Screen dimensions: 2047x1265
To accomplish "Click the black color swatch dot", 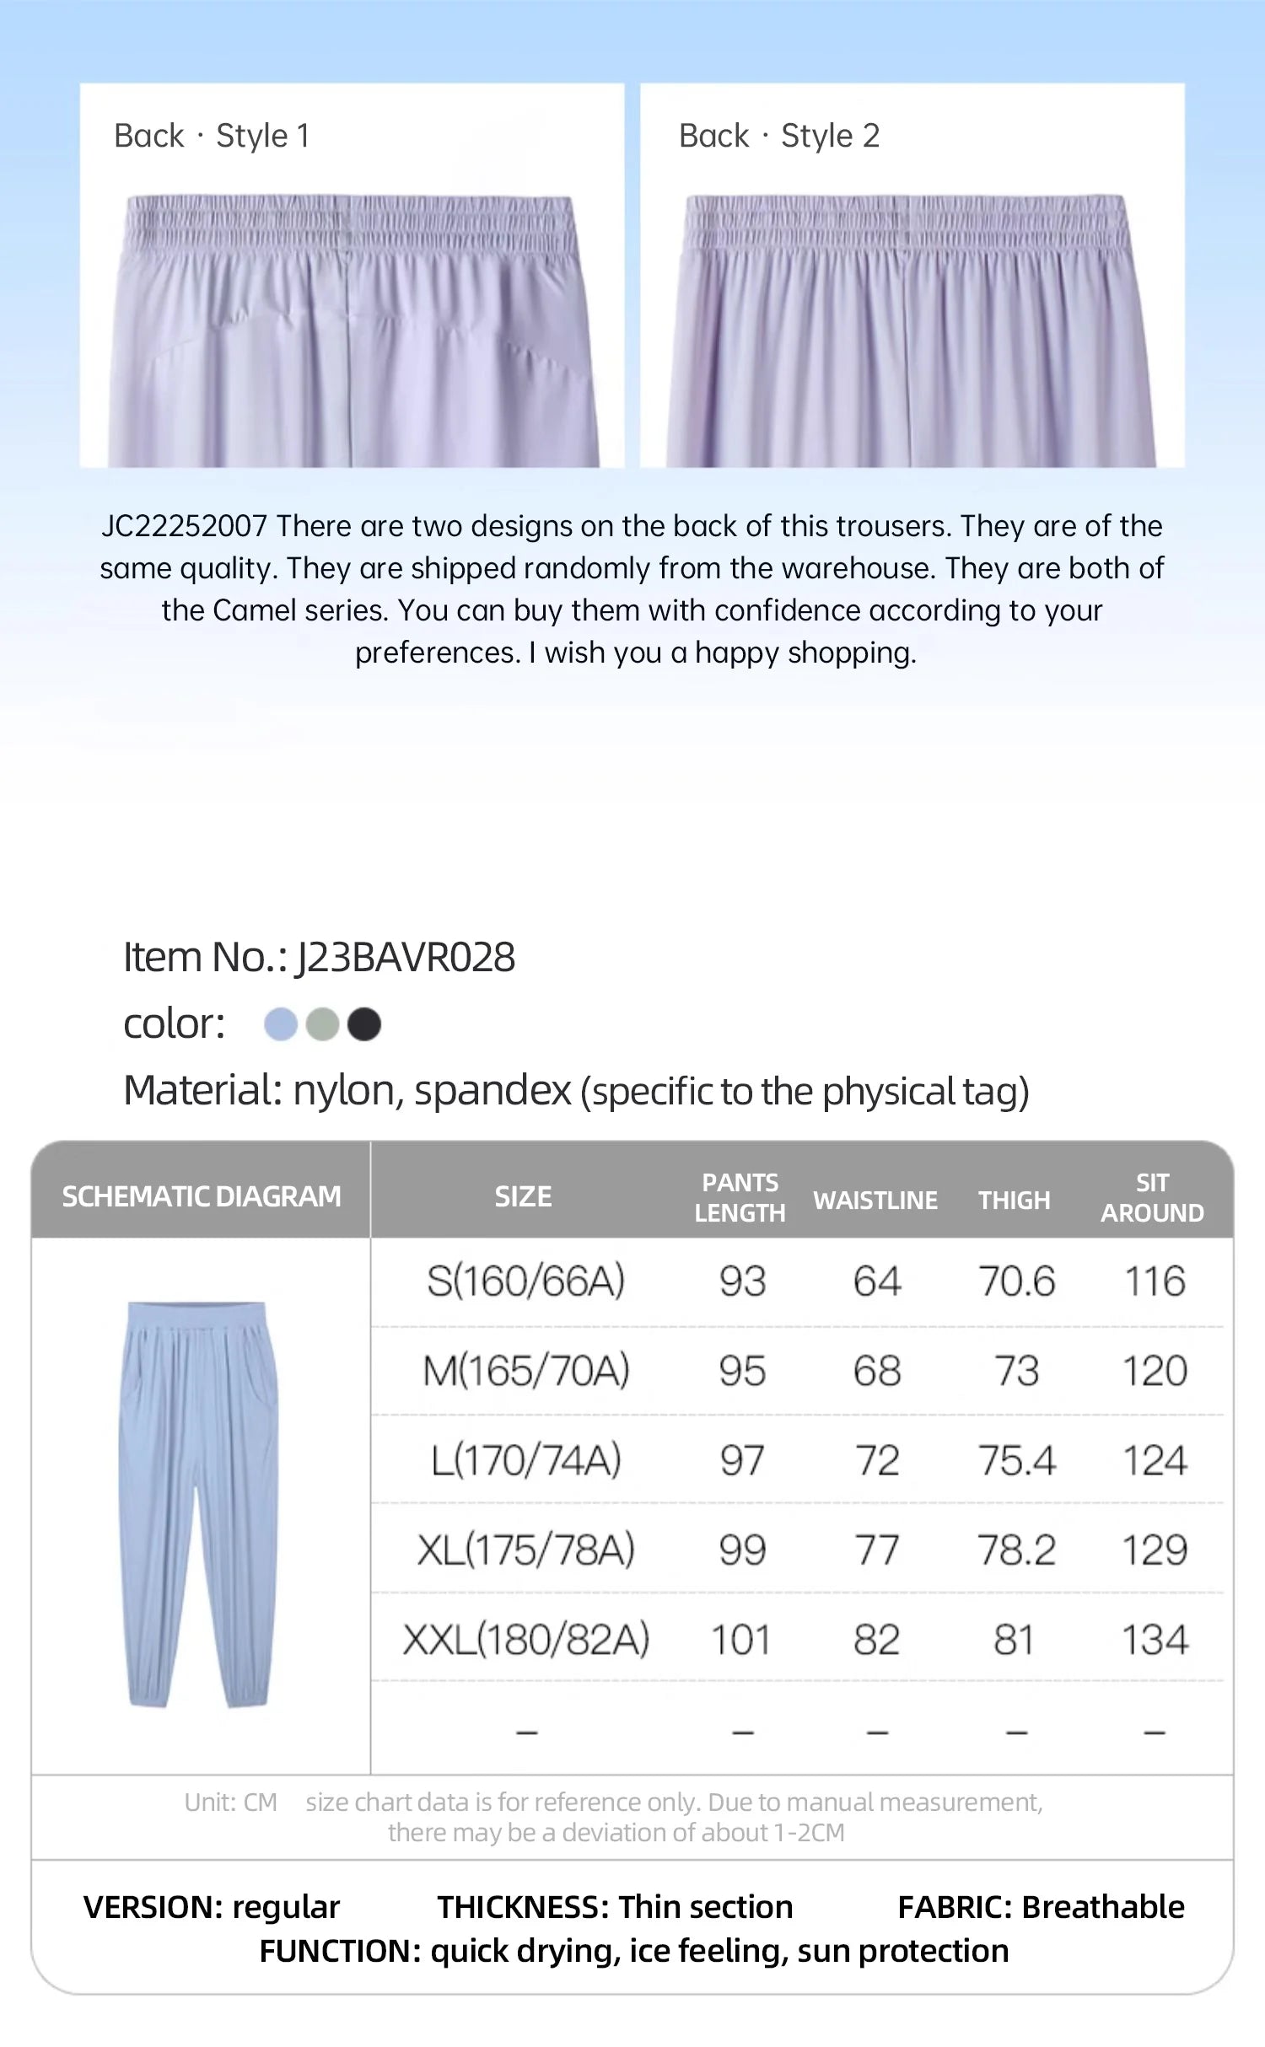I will (364, 1024).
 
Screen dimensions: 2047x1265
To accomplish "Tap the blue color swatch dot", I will (281, 1024).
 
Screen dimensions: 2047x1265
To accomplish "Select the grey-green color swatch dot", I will (322, 1024).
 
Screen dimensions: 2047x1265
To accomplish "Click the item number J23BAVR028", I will (405, 958).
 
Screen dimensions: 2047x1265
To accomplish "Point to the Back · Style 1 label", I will (212, 136).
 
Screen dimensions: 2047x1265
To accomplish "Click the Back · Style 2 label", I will (779, 136).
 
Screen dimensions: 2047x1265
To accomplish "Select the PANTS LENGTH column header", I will (740, 1197).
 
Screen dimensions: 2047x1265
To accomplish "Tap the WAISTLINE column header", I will (875, 1201).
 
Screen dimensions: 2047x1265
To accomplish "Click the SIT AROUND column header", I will (1152, 1197).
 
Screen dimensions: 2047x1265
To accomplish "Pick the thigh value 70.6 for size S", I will (1016, 1281).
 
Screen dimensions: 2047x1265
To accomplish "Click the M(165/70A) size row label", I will (526, 1371).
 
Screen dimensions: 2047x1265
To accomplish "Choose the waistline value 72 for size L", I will (877, 1460).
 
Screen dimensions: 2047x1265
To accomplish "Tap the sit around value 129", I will (1155, 1550).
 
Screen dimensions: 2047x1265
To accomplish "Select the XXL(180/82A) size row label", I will (526, 1640).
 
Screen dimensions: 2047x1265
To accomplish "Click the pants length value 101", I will (741, 1640).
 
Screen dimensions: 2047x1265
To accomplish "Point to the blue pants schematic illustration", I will (199, 1505).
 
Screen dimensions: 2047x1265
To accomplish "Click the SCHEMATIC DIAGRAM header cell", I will (202, 1196).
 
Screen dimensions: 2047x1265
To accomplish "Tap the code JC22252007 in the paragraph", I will (184, 526).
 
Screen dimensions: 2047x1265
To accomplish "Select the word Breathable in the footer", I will (1103, 1907).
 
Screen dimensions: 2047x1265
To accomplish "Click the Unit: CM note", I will (230, 1803).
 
